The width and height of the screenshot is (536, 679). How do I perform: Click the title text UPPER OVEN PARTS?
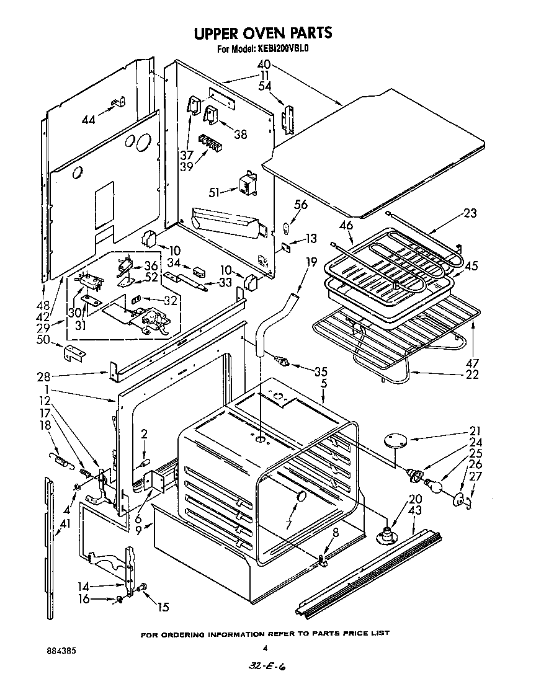[x=264, y=32]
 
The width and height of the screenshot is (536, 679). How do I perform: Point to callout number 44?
[x=89, y=120]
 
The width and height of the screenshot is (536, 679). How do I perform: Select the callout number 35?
[x=319, y=372]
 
